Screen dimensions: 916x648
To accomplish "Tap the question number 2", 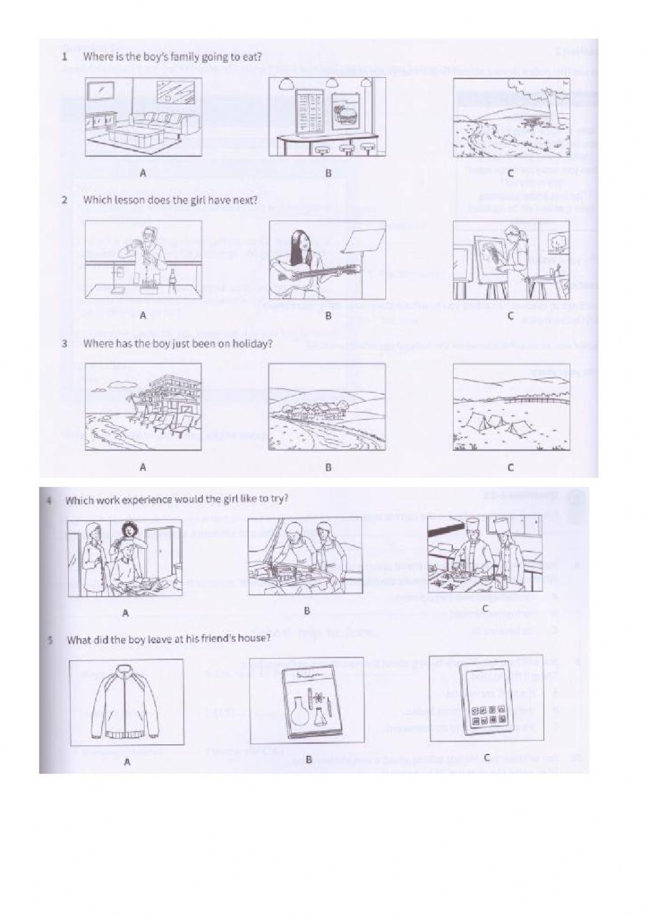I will tap(65, 200).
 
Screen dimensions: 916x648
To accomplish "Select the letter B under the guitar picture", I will tap(328, 316).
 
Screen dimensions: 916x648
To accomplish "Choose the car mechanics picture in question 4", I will tap(305, 558).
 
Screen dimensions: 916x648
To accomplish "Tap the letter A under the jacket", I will tap(126, 762).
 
